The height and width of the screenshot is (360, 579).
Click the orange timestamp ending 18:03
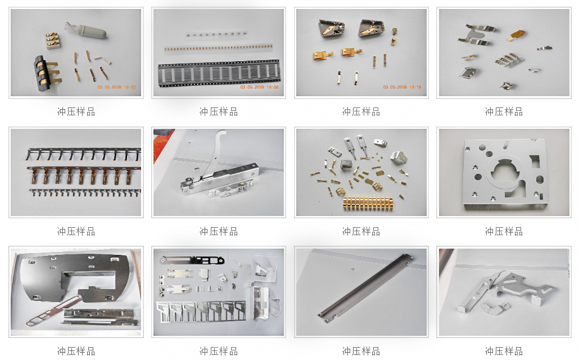(117, 87)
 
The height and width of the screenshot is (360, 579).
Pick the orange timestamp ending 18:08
(259, 87)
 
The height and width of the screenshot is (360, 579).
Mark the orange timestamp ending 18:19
(402, 87)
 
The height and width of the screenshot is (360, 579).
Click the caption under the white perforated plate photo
(504, 231)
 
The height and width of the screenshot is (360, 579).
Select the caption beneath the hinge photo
(219, 231)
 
